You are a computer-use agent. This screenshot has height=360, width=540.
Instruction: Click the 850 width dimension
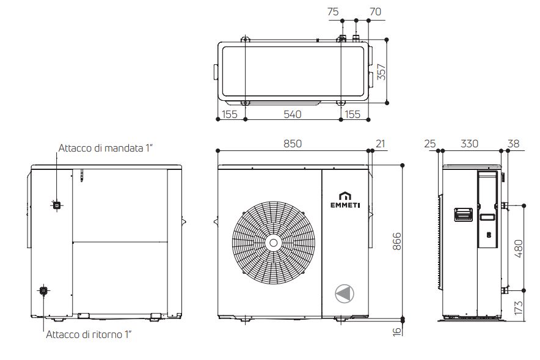(292, 144)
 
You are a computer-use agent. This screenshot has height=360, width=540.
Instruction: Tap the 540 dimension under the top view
(292, 114)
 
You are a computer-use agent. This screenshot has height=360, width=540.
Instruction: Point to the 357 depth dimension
(381, 72)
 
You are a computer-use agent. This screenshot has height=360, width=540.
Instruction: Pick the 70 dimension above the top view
(375, 11)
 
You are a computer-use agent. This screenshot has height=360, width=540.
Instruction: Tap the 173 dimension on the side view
(519, 307)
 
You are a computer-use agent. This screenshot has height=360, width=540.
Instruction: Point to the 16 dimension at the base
(396, 331)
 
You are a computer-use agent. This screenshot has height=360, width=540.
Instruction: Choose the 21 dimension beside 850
(381, 144)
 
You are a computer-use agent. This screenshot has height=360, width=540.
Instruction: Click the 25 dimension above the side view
(429, 144)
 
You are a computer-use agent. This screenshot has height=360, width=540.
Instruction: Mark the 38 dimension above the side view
(513, 144)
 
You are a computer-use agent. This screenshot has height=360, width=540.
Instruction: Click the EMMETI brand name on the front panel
(345, 205)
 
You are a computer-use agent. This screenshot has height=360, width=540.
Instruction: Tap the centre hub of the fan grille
(273, 242)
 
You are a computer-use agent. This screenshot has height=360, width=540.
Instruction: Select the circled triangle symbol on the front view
(345, 293)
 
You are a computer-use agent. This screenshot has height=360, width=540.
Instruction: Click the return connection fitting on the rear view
(43, 291)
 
